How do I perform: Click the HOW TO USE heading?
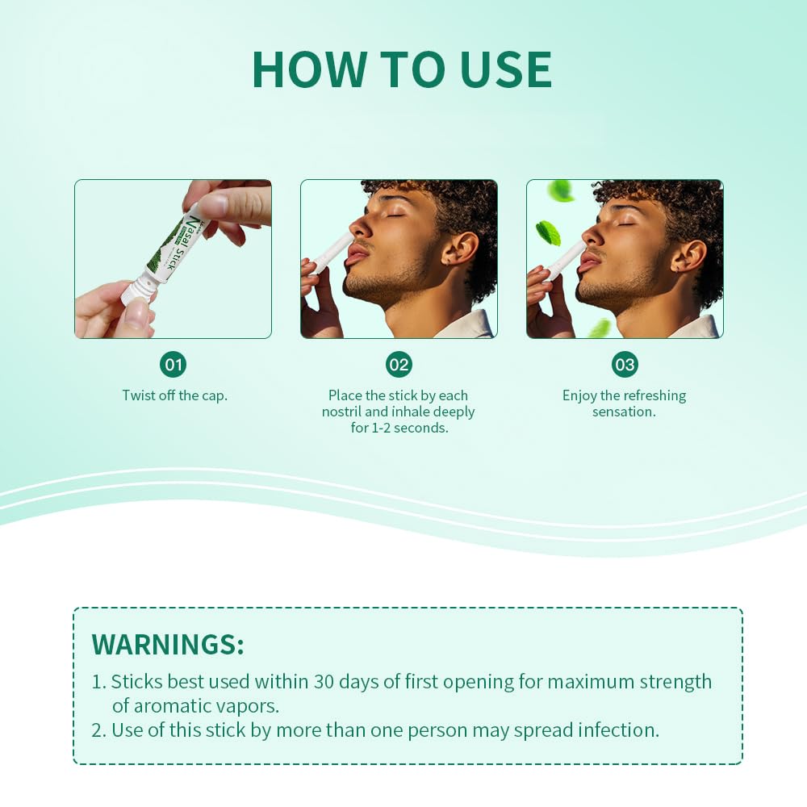tap(402, 69)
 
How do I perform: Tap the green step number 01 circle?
tap(173, 364)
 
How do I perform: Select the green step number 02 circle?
tap(399, 364)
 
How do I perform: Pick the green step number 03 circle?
tap(625, 364)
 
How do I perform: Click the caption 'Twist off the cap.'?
tap(174, 395)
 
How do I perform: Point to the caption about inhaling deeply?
tap(399, 412)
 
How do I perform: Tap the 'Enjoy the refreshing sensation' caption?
tap(624, 403)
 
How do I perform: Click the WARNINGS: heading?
tap(168, 644)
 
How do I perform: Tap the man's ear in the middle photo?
tap(460, 253)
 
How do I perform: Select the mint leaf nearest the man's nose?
tap(548, 232)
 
